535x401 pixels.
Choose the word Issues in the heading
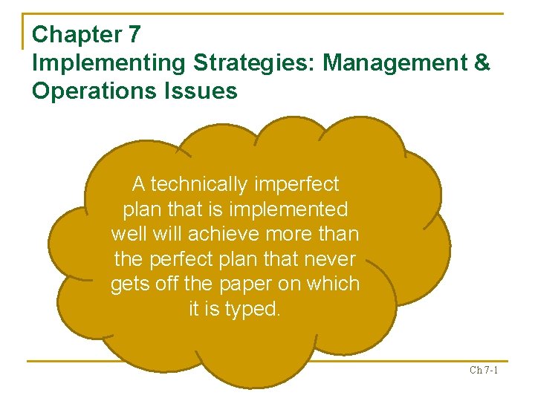pos(201,91)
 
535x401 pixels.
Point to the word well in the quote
pos(129,234)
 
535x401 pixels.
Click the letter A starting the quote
pos(139,183)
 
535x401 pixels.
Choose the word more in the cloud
pos(292,234)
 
